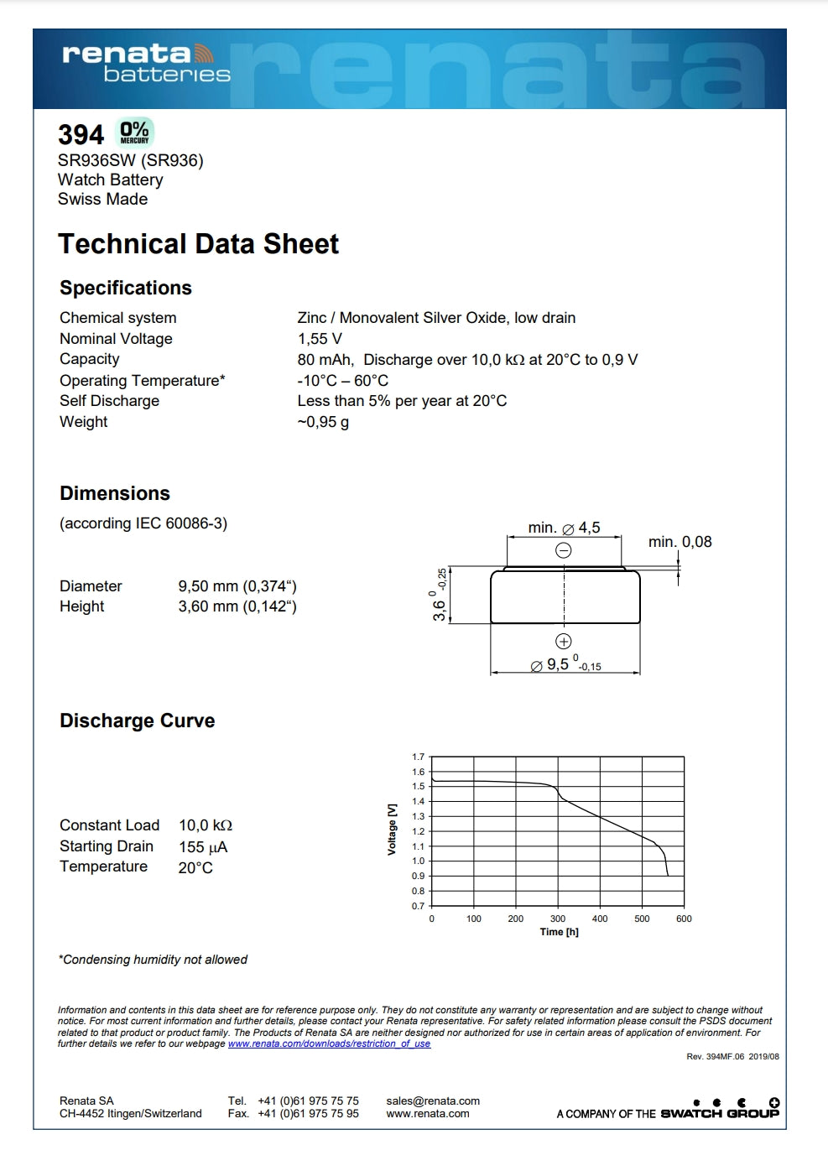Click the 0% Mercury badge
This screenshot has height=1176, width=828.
[x=134, y=133]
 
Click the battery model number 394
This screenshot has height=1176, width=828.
[x=81, y=135]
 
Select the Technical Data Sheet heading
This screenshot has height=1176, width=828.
[x=198, y=244]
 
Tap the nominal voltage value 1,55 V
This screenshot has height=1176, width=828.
[x=320, y=339]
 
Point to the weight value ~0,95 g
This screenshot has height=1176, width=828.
[x=323, y=422]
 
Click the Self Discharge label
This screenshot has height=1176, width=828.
[x=109, y=401]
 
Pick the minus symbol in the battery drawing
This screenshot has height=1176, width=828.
[x=564, y=550]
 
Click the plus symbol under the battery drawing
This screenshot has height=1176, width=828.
[x=564, y=642]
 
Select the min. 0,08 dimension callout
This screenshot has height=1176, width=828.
[x=680, y=542]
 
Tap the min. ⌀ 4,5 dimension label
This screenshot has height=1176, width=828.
[x=564, y=528]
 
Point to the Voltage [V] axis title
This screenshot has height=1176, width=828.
[x=392, y=830]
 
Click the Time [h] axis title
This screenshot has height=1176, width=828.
[x=559, y=932]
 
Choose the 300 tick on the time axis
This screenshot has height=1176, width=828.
[x=558, y=918]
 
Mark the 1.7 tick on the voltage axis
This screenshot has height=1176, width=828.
[x=418, y=757]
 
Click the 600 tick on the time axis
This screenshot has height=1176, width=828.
[x=684, y=918]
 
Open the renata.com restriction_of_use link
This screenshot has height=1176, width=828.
[x=329, y=1043]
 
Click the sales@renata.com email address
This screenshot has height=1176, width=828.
[x=433, y=1101]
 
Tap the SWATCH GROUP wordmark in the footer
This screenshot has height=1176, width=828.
[x=720, y=1114]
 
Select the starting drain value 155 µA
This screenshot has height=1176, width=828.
[x=203, y=847]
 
